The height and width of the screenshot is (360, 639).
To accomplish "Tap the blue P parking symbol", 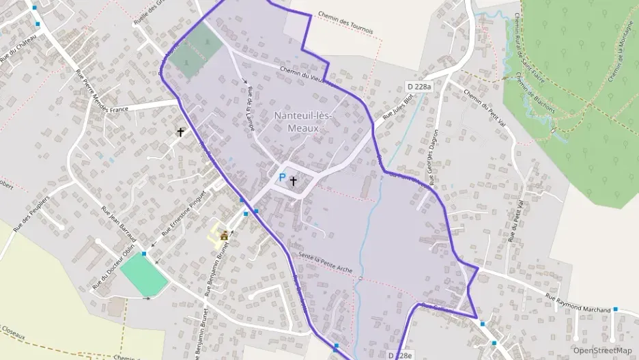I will (282, 178).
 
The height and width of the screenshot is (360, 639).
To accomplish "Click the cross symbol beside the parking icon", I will (294, 181).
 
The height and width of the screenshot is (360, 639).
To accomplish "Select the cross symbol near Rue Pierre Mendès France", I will (181, 131).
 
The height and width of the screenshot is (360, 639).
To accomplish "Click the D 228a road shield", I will (419, 87).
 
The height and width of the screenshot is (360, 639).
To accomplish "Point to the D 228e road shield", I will (401, 356).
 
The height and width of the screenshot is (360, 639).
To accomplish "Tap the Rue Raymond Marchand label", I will (578, 304).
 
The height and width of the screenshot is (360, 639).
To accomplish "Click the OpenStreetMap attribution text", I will (602, 350).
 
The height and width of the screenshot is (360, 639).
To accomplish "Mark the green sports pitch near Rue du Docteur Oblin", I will (143, 275).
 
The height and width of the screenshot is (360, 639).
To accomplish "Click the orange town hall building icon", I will (224, 236).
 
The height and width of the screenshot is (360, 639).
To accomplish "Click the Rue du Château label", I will (17, 48).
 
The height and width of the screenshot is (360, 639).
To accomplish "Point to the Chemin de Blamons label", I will (535, 96).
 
